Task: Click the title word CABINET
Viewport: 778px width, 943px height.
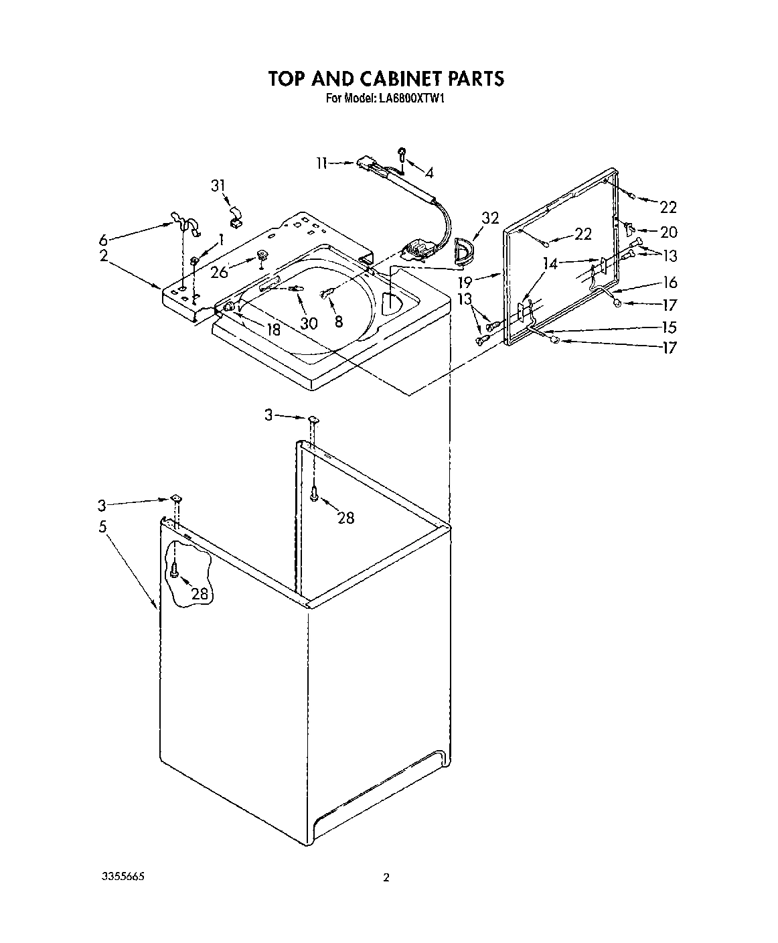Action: coord(385,79)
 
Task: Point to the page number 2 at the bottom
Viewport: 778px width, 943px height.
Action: coord(386,878)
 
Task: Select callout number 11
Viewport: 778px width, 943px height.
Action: coord(322,163)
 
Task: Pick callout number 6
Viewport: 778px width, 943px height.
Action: coord(102,240)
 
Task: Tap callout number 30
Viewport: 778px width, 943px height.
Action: coord(308,323)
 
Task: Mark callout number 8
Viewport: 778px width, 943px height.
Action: coord(338,322)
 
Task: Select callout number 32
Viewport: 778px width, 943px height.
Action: coord(491,218)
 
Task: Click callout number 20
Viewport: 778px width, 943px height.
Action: coord(668,232)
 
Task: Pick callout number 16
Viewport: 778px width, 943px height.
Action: coord(668,283)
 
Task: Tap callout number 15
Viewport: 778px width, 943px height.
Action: coord(668,328)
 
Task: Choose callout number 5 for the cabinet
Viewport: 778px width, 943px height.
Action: coord(102,526)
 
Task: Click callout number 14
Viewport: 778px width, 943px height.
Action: coord(550,264)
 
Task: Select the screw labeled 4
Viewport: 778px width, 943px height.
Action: coord(403,153)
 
